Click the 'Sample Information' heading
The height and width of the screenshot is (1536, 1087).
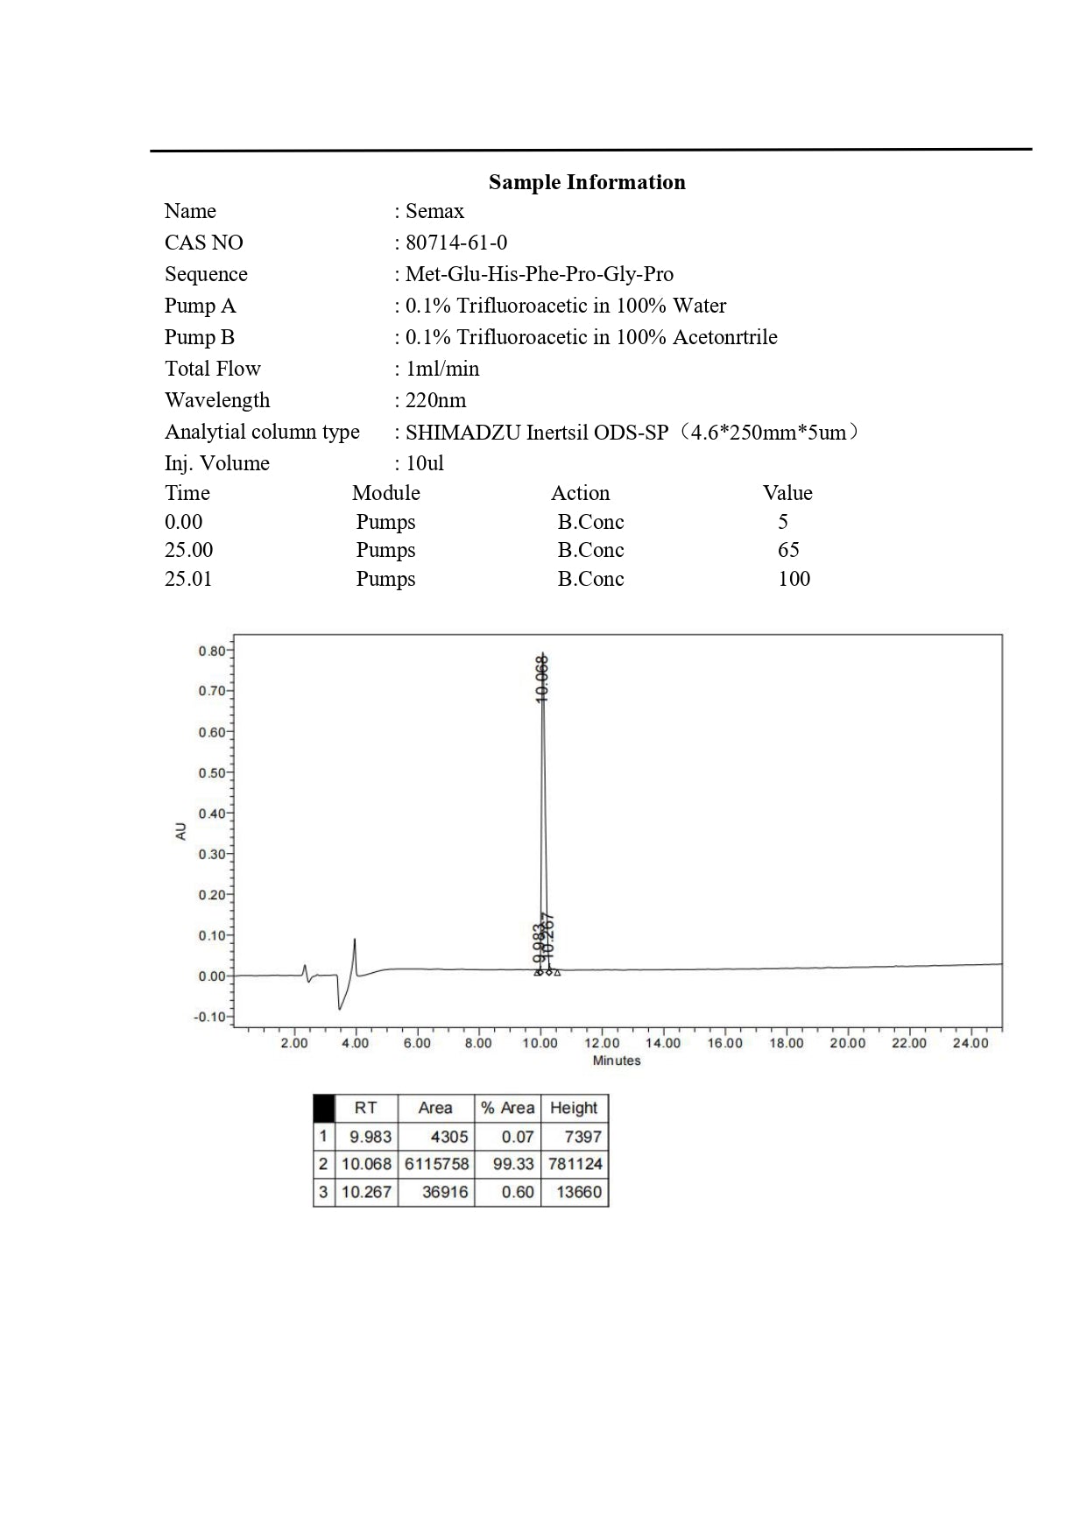click(587, 182)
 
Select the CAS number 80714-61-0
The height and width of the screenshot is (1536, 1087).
click(456, 243)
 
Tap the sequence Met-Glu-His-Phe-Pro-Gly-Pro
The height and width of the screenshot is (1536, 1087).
click(540, 274)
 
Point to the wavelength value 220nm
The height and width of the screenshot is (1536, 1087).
click(435, 400)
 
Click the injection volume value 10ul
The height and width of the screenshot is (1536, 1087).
click(425, 463)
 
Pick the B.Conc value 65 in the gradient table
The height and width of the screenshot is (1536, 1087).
click(788, 550)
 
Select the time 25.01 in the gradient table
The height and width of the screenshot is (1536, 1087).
click(188, 579)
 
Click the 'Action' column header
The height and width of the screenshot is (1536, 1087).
click(580, 493)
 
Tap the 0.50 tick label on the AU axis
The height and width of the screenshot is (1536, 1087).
click(211, 773)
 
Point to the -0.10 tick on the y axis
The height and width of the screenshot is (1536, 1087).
click(209, 1018)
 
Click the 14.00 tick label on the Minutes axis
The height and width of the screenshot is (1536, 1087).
click(663, 1043)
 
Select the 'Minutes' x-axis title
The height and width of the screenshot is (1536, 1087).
click(617, 1060)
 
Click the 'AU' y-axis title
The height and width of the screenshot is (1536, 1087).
click(181, 831)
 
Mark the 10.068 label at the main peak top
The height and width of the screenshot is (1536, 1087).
click(542, 678)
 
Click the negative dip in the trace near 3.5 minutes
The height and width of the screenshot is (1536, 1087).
click(340, 1007)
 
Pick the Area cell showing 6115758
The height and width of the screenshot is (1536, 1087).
click(436, 1165)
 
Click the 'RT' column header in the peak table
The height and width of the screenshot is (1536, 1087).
click(365, 1108)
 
